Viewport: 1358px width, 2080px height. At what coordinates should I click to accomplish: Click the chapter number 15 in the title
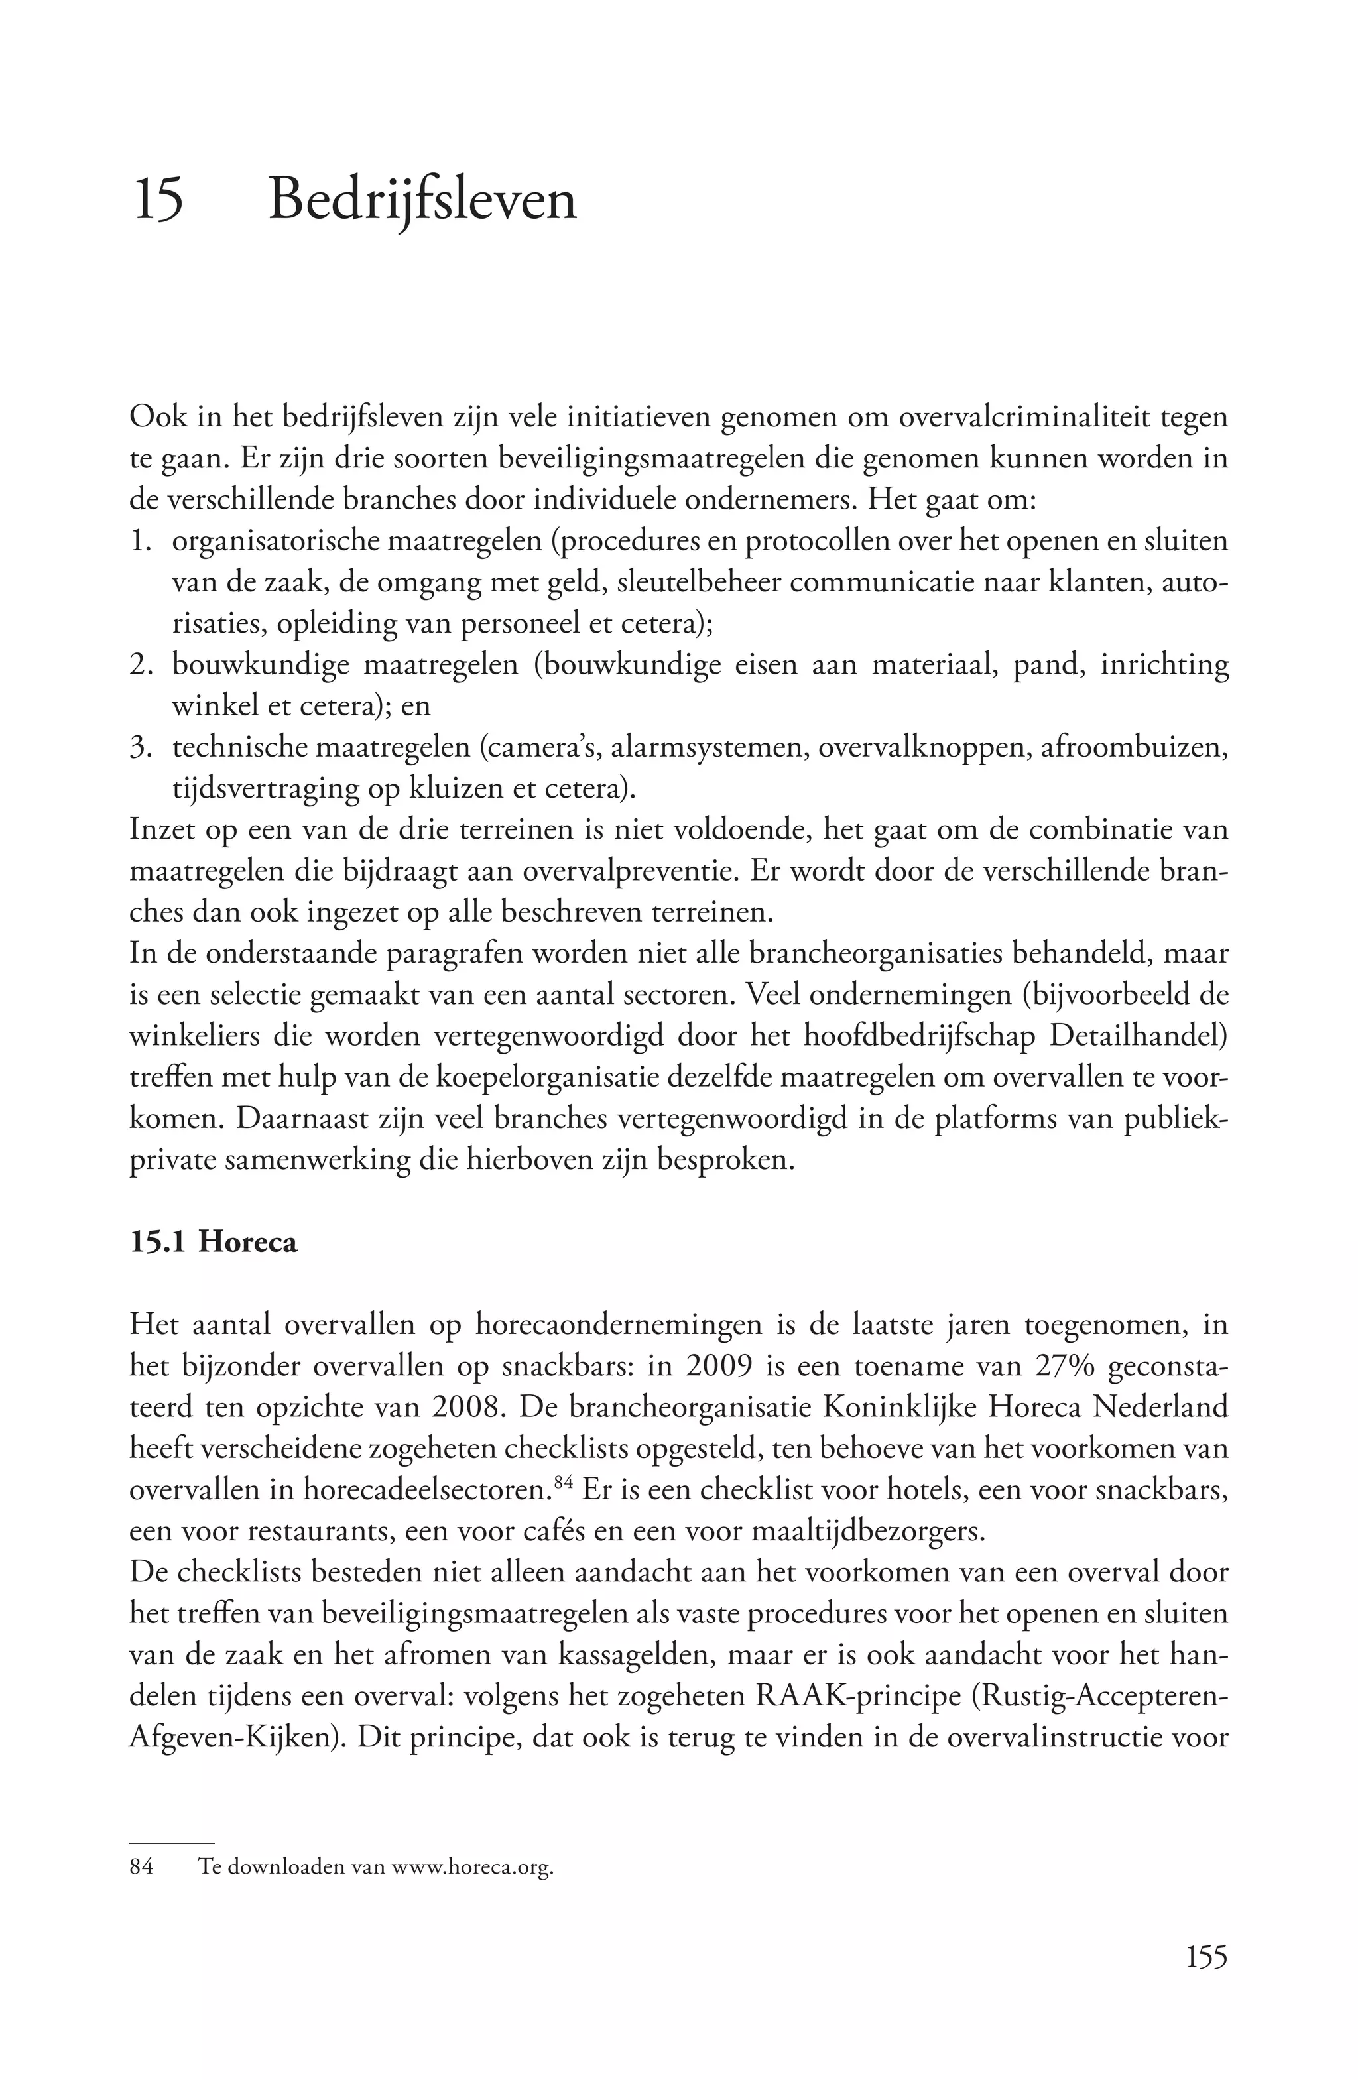[x=158, y=200]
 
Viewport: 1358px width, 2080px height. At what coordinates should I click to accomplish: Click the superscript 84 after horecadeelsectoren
[x=563, y=1481]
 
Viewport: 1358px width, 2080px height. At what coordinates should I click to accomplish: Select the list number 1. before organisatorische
[x=141, y=542]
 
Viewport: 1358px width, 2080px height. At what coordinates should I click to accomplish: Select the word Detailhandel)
[x=1139, y=1036]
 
